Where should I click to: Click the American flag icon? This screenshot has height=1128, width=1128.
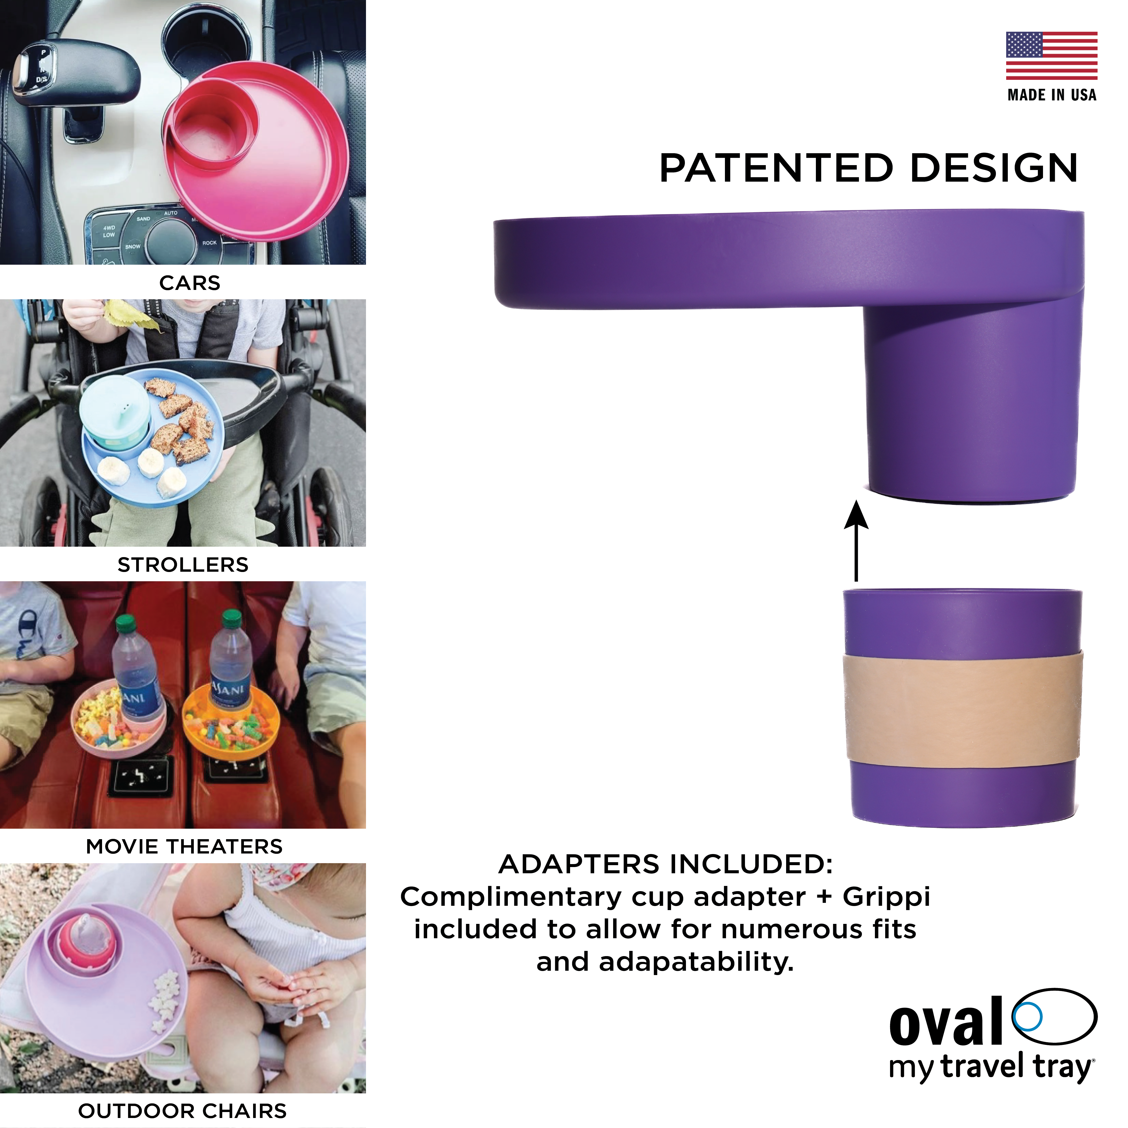[x=1051, y=55]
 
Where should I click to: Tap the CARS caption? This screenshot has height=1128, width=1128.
[x=190, y=283]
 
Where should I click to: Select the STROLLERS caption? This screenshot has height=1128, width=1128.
[x=183, y=565]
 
